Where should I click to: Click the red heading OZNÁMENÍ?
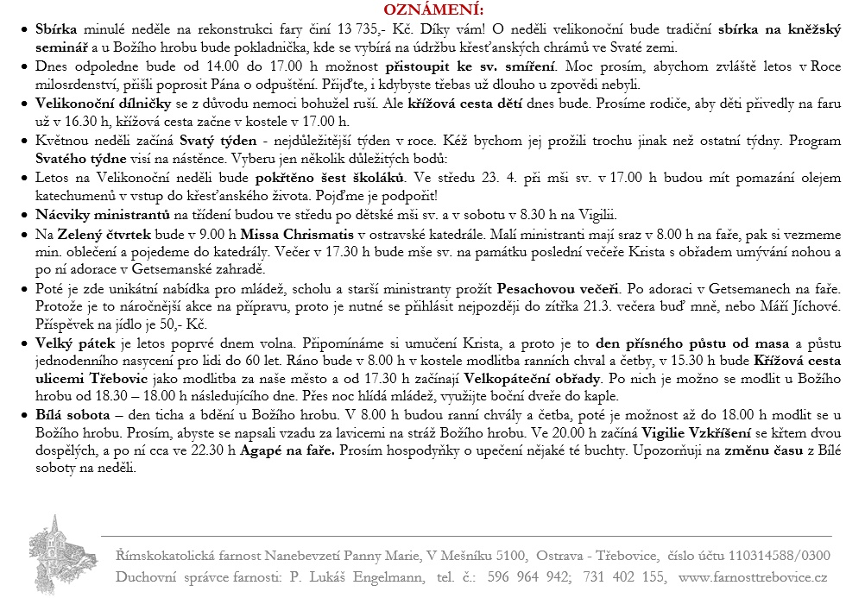pyautogui.click(x=432, y=9)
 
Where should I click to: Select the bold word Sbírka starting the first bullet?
pyautogui.click(x=57, y=29)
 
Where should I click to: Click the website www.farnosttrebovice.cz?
pyautogui.click(x=754, y=577)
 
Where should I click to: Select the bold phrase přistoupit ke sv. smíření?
pyautogui.click(x=467, y=66)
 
